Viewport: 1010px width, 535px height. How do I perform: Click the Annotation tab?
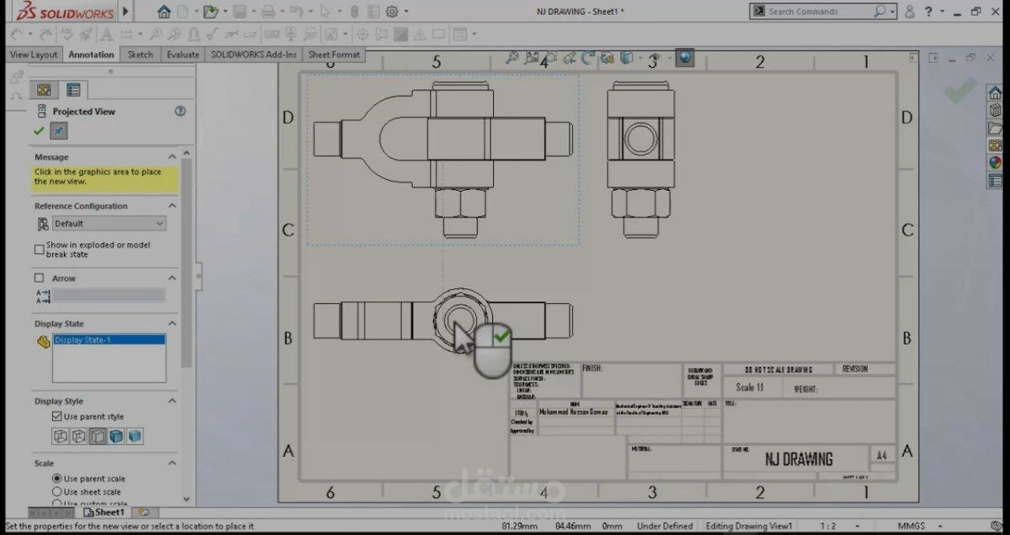(x=92, y=54)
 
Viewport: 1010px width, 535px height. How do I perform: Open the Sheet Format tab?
(x=334, y=54)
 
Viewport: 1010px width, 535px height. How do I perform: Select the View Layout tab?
(x=33, y=54)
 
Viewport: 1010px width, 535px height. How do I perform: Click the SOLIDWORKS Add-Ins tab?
(x=254, y=54)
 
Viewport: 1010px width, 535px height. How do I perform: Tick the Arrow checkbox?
(x=39, y=278)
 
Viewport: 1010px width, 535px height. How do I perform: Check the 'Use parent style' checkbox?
(x=57, y=416)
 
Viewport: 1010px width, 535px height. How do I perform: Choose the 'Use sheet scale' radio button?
(x=57, y=492)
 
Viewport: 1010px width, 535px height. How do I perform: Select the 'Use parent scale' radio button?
(x=57, y=478)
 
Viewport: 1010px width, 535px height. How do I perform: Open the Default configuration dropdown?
(x=109, y=223)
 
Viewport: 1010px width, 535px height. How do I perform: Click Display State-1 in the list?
(x=83, y=340)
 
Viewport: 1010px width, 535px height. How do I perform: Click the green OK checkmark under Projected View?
(x=39, y=131)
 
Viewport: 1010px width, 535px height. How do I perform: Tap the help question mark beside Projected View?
(x=180, y=111)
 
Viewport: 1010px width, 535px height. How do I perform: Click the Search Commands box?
(x=821, y=11)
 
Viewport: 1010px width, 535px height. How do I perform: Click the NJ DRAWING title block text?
(x=799, y=458)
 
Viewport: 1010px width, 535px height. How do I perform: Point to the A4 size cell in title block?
(x=882, y=455)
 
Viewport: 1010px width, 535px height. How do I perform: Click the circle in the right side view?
(x=640, y=140)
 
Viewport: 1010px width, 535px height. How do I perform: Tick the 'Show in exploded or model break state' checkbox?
(x=39, y=249)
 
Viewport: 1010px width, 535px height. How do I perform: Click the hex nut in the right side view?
(x=640, y=203)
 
